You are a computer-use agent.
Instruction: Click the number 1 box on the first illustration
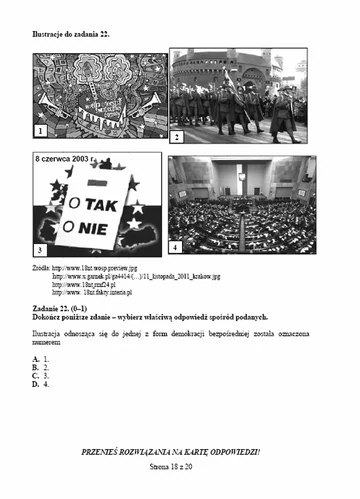point(41,131)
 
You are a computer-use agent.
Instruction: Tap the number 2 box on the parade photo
point(176,136)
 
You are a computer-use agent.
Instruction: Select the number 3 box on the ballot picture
point(41,247)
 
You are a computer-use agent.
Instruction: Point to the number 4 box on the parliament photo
point(176,246)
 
